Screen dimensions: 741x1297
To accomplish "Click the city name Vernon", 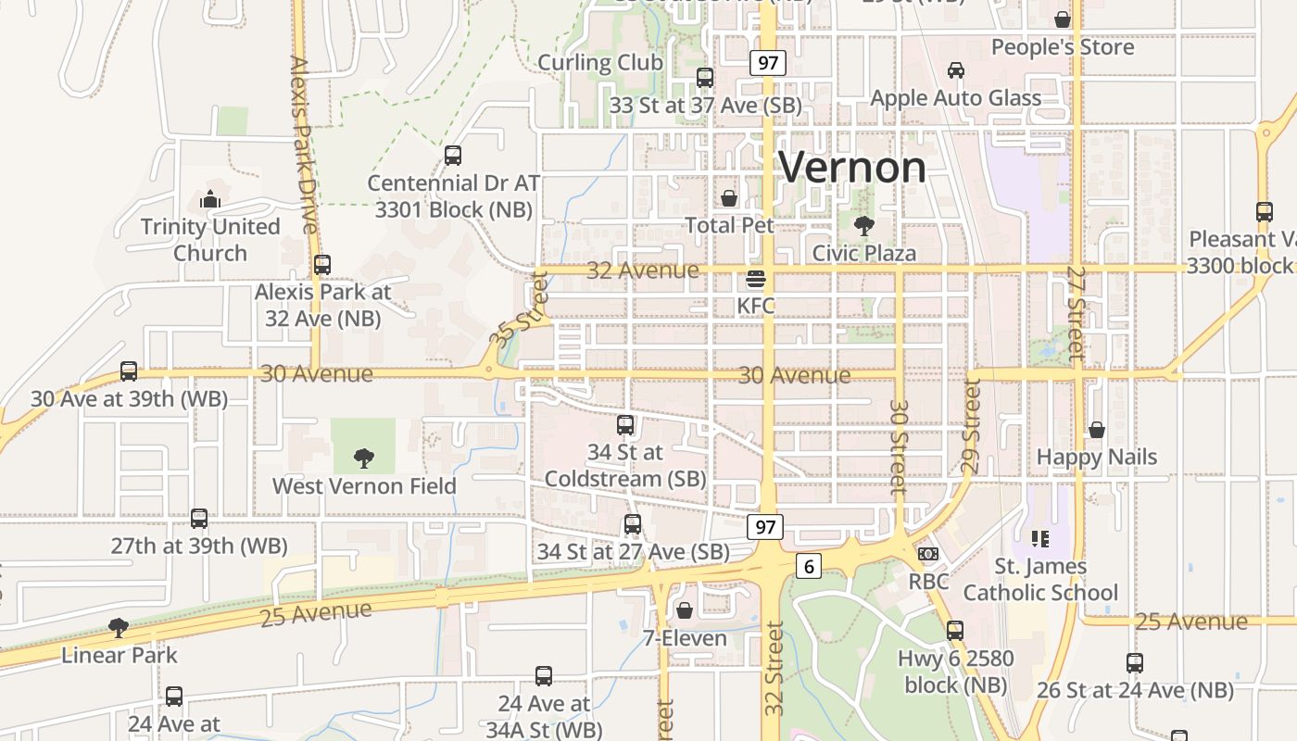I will (x=851, y=167).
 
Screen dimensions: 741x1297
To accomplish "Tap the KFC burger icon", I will (x=756, y=279).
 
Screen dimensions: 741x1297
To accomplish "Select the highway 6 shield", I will (x=809, y=565).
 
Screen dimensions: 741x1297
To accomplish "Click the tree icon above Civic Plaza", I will (x=863, y=225).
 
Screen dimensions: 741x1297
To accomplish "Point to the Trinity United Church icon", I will (x=210, y=199).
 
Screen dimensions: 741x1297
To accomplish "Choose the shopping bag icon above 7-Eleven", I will (x=685, y=610).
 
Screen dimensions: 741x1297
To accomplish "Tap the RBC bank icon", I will (x=927, y=554).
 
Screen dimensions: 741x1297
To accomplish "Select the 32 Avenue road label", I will (x=643, y=270).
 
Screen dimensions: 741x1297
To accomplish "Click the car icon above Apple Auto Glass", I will (x=955, y=70).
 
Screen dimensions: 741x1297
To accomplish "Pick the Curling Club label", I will (x=600, y=62).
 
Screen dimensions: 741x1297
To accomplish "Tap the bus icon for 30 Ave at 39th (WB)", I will (x=129, y=371).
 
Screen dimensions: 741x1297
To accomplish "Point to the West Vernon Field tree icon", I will (x=364, y=458).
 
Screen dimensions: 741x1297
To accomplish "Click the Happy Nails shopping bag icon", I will (x=1097, y=430).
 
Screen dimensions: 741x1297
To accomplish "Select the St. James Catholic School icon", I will (x=1039, y=538).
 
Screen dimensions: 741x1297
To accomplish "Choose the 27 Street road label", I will (x=1075, y=313).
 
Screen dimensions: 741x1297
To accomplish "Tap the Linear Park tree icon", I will (x=118, y=628).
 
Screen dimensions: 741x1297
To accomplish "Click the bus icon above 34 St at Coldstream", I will (x=625, y=425).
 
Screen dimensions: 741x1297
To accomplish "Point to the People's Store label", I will (x=1063, y=47).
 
